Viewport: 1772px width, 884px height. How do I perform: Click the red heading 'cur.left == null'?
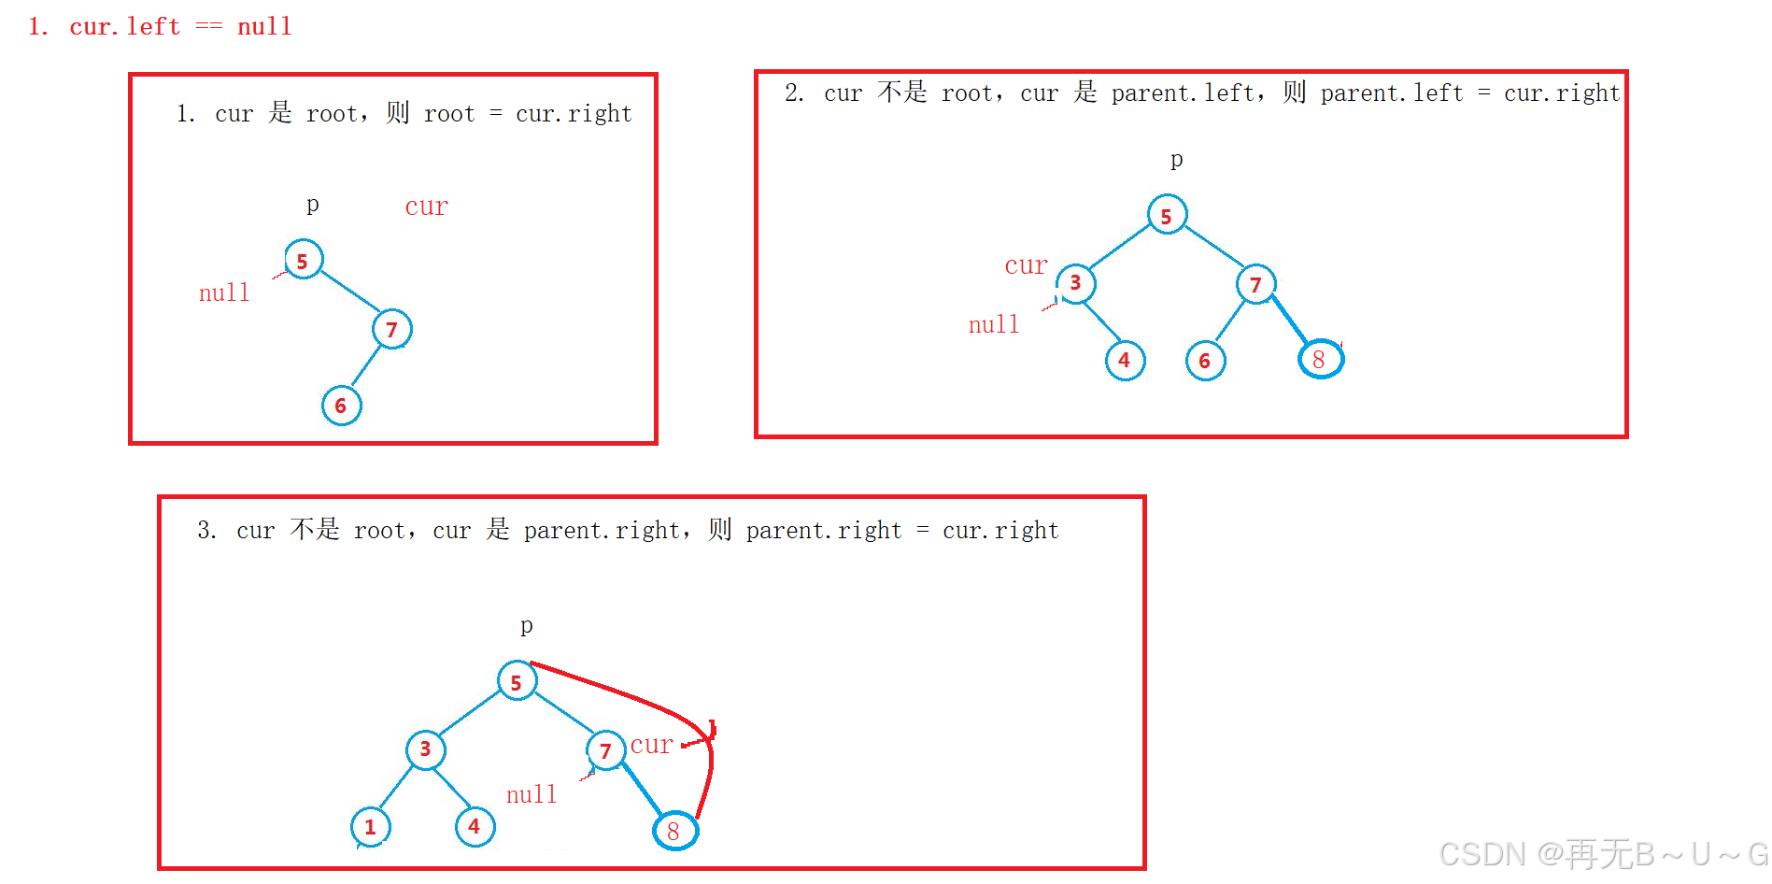(x=160, y=26)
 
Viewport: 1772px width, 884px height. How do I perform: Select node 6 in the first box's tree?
(x=341, y=406)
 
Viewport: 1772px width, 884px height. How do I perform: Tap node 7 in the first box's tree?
(x=392, y=329)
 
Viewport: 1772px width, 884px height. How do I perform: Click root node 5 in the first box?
(x=304, y=260)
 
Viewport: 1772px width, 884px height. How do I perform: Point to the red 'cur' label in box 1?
(x=426, y=207)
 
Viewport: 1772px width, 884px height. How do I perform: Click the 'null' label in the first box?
(x=224, y=293)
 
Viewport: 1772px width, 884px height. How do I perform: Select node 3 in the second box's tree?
(x=1076, y=283)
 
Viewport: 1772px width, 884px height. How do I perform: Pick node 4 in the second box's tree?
(x=1125, y=361)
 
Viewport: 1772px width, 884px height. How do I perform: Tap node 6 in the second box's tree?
(x=1205, y=361)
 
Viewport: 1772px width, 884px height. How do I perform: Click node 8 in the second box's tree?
(x=1320, y=360)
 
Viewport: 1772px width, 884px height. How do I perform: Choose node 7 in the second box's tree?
(x=1256, y=284)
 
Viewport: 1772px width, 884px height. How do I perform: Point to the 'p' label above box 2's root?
(x=1177, y=160)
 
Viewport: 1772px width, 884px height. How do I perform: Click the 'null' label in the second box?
(x=994, y=325)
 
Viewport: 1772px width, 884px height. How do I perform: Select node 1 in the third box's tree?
(x=370, y=827)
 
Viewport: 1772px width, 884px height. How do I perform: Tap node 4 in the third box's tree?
(x=475, y=827)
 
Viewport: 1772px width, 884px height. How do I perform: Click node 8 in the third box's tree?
(x=674, y=831)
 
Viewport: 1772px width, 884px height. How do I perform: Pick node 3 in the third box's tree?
(x=425, y=749)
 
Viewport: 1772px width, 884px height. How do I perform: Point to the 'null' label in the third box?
(x=531, y=795)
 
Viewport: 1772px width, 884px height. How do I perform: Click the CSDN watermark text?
(x=1603, y=854)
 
